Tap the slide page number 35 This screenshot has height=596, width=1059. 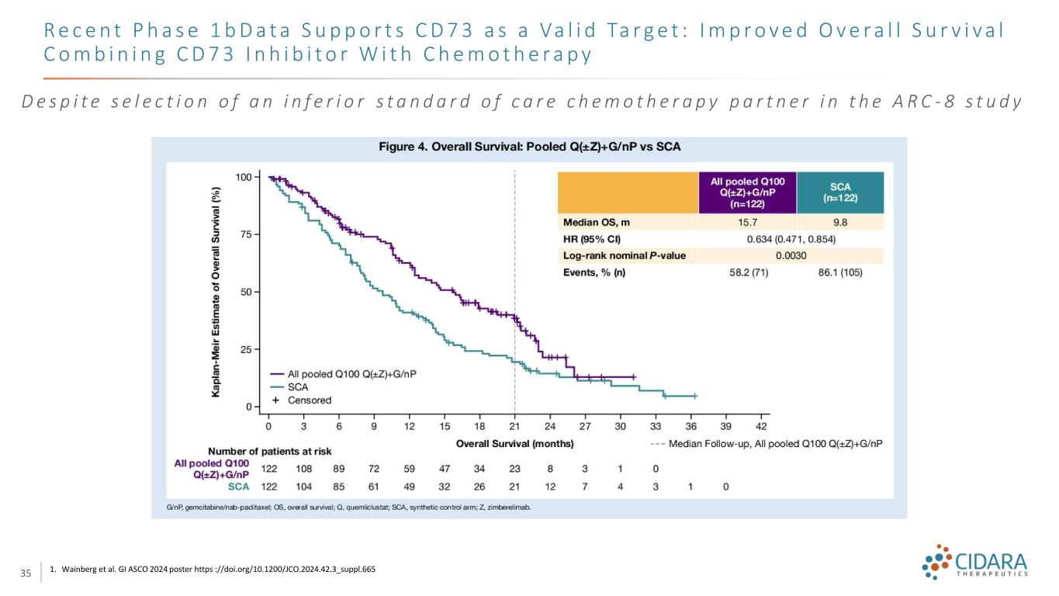(x=25, y=573)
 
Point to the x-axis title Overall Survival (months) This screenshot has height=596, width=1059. (x=514, y=444)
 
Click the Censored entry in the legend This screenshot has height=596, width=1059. (x=309, y=400)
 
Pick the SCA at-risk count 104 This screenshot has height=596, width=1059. (x=303, y=487)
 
